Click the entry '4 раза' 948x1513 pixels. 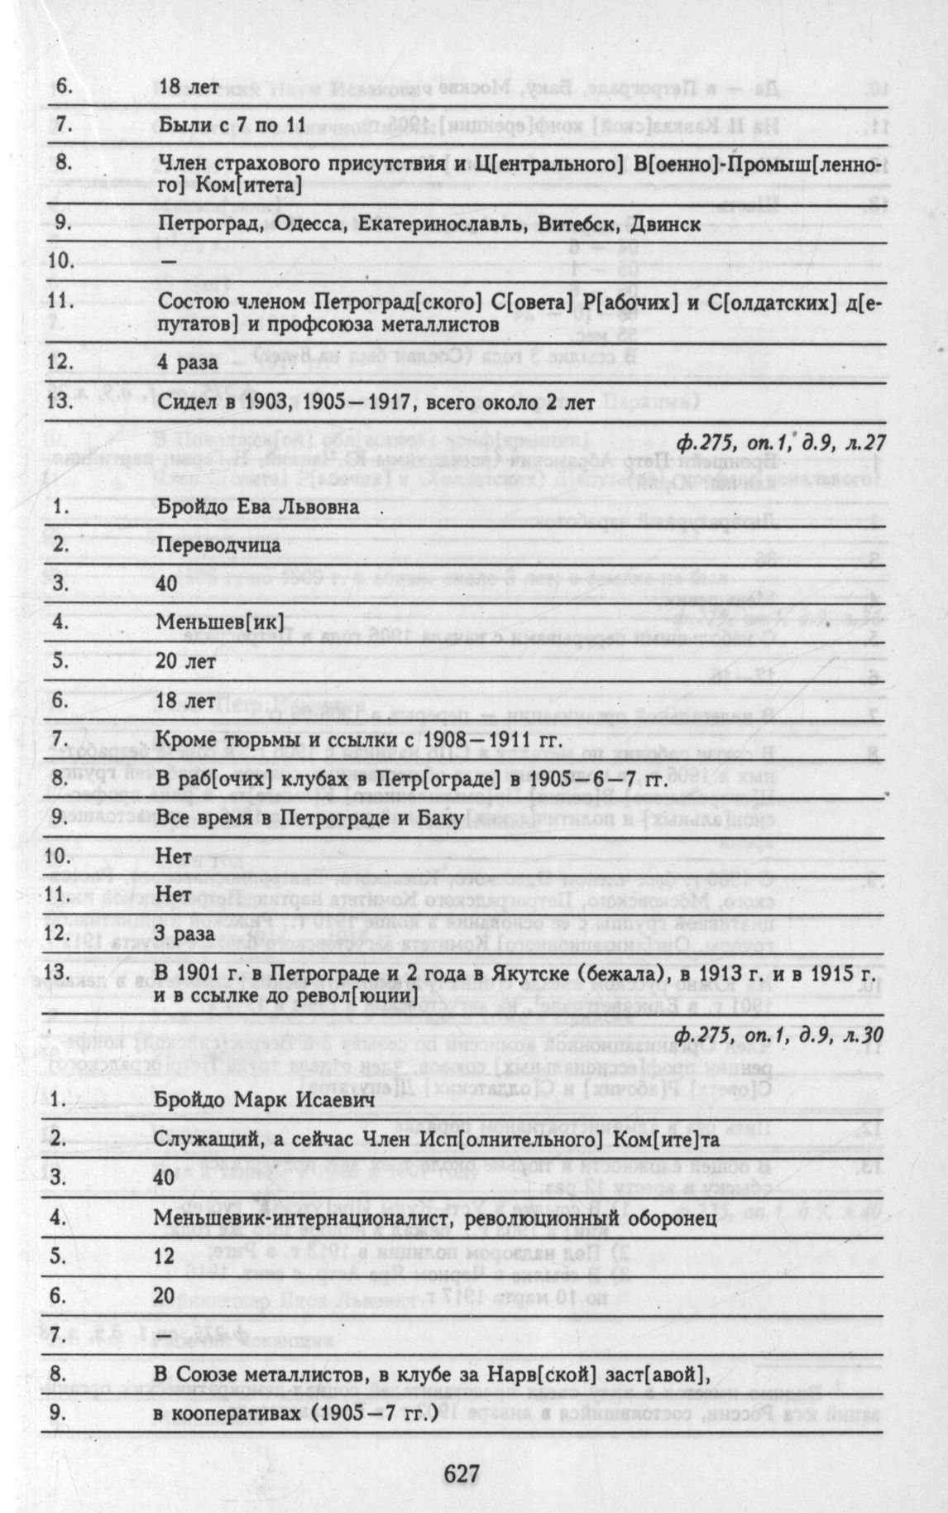point(188,362)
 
